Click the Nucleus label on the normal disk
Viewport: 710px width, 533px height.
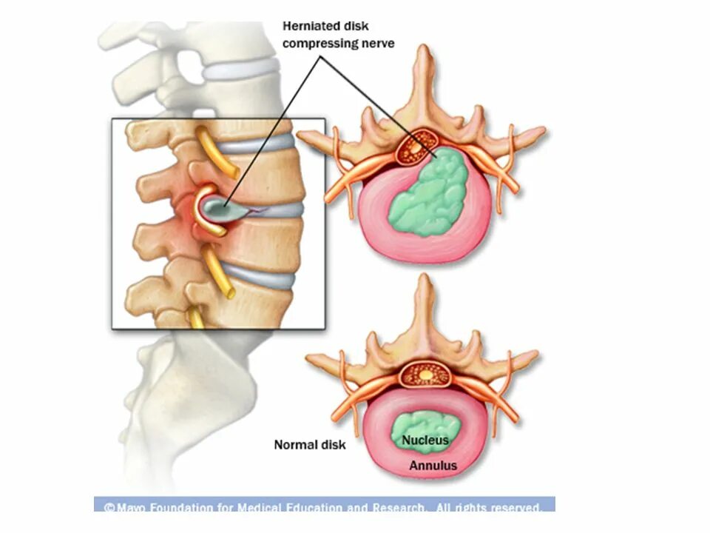425,441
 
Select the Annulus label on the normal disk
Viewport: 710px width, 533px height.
433,466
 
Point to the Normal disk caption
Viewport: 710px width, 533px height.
309,445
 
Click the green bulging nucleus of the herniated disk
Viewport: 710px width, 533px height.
429,192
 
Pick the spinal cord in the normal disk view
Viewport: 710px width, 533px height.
427,375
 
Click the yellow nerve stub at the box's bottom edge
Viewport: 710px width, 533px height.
196,318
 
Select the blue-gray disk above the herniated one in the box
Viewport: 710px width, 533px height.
255,145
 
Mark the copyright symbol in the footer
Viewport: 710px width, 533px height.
109,508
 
